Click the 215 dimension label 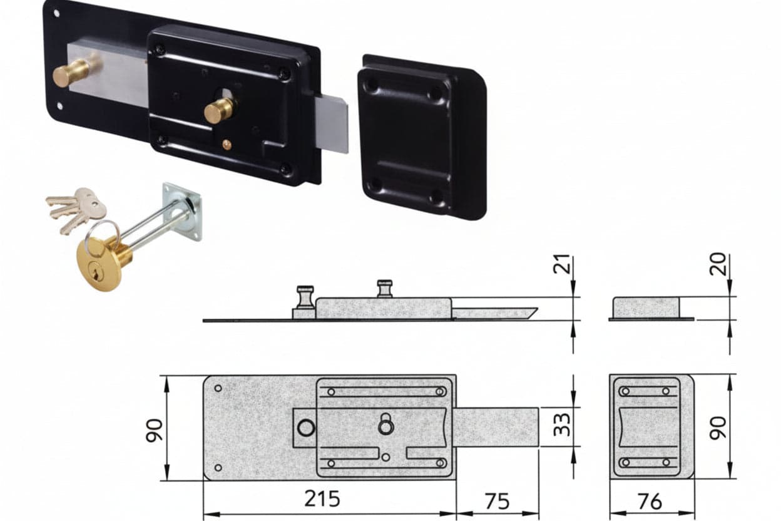[322, 498]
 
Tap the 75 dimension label [497, 502]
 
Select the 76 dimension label [650, 502]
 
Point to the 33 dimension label [562, 425]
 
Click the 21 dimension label [562, 264]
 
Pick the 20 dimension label [718, 264]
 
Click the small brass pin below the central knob [227, 143]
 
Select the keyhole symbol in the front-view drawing [386, 424]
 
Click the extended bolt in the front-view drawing [496, 427]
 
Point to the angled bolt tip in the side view [529, 313]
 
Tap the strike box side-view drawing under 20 [651, 309]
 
